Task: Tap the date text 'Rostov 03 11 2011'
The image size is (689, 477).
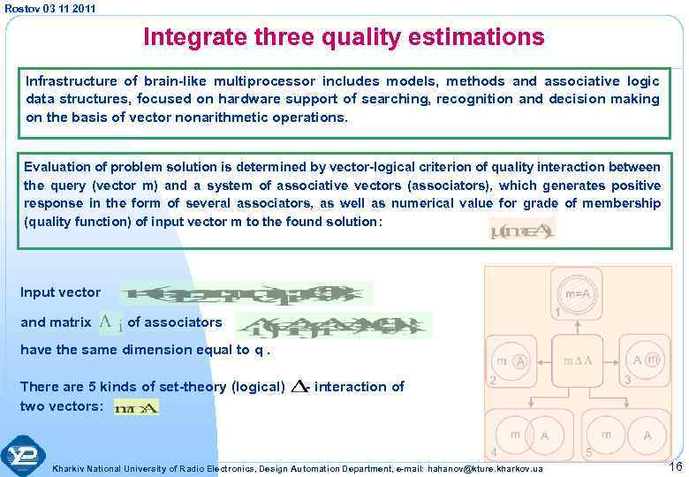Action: tap(50, 8)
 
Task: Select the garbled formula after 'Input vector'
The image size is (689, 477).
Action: tap(246, 293)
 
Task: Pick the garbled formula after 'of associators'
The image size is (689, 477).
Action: tap(333, 325)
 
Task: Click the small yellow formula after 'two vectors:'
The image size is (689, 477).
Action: tap(136, 407)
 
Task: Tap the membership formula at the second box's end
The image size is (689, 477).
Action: tap(522, 231)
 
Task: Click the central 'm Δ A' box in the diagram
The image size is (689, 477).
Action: tap(577, 362)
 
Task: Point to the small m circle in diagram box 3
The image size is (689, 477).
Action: tap(652, 360)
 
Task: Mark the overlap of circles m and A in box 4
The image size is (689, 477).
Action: tap(529, 435)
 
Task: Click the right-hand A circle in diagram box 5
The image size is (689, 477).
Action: tap(647, 435)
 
